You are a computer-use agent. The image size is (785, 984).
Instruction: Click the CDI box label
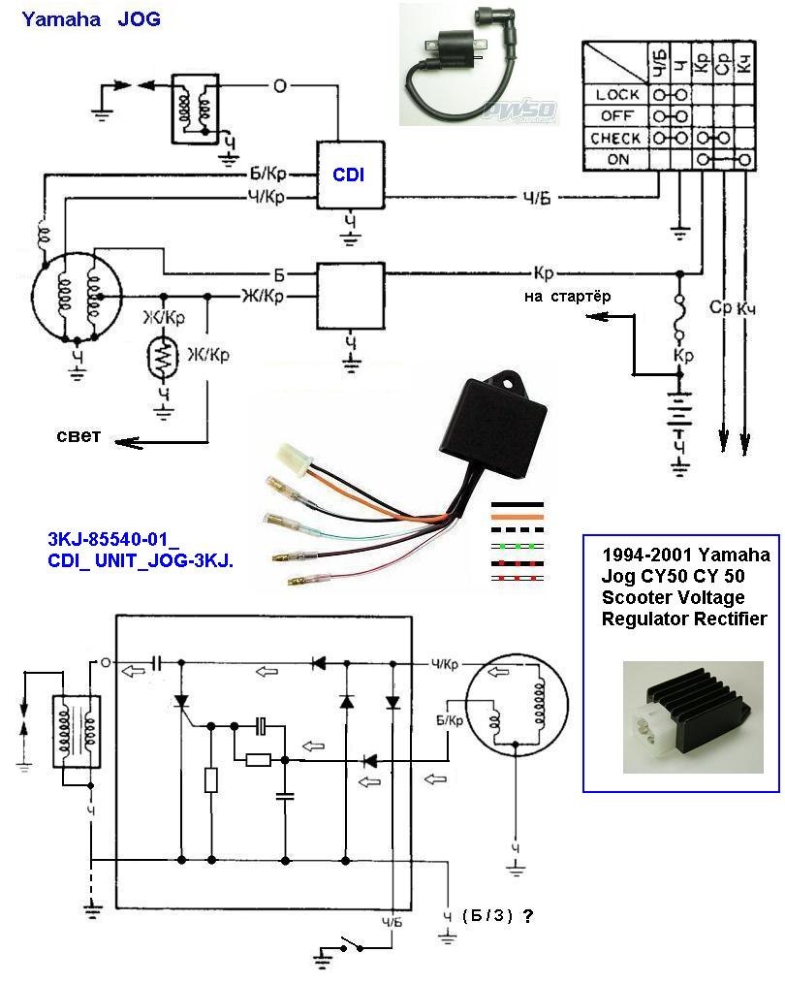[x=350, y=175]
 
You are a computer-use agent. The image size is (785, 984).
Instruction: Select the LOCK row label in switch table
[x=617, y=95]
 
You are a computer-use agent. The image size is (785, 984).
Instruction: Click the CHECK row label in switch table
[x=615, y=139]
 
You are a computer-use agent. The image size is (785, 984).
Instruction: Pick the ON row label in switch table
[x=617, y=160]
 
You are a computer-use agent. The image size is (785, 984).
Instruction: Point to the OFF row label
[x=617, y=116]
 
